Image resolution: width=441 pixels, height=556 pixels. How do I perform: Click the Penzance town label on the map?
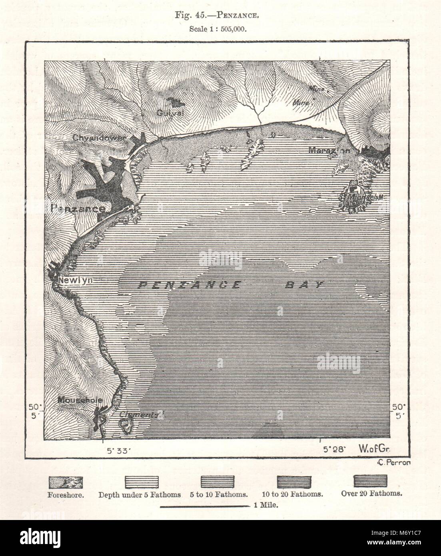point(78,208)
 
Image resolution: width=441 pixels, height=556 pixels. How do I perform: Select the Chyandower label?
point(99,138)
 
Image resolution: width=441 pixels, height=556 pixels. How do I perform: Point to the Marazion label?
point(329,151)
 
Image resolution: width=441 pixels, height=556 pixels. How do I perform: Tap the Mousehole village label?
point(80,400)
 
